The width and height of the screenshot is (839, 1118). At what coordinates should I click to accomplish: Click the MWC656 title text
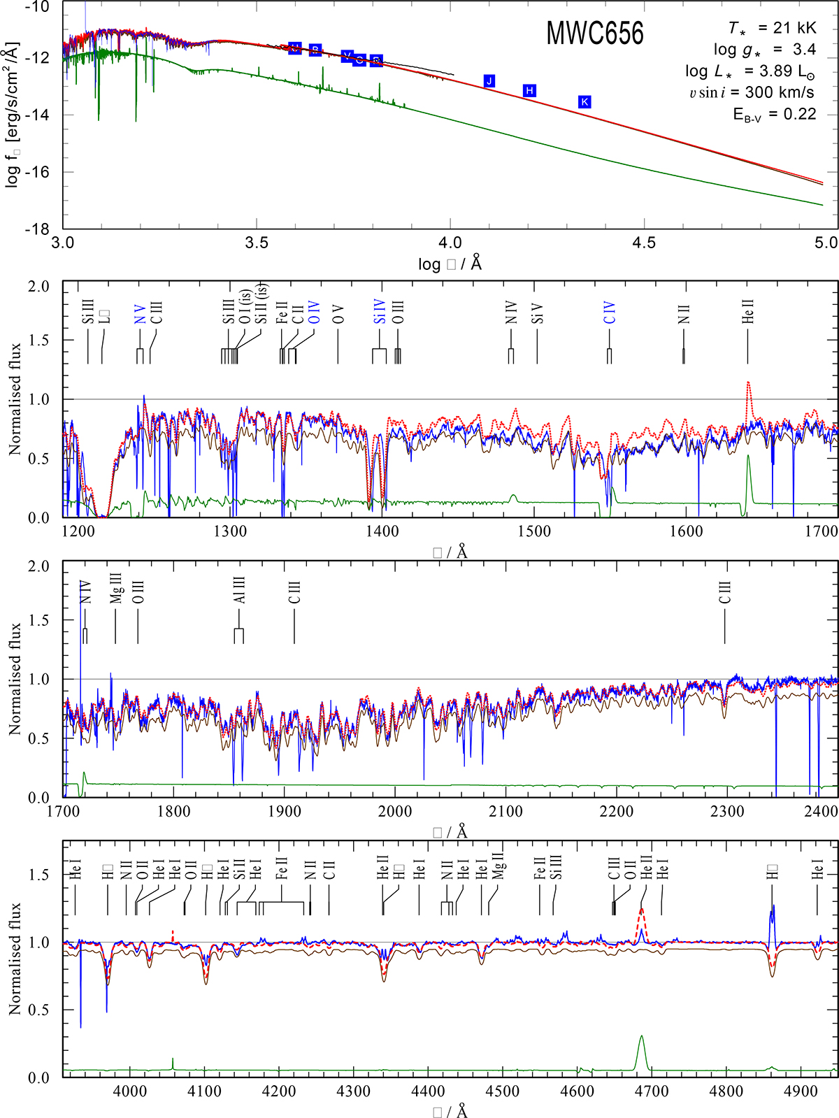(594, 34)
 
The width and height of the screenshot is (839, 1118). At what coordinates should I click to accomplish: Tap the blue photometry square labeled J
(489, 81)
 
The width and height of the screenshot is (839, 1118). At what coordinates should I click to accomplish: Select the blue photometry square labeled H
(529, 91)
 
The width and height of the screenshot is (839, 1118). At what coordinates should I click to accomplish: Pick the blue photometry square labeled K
(585, 102)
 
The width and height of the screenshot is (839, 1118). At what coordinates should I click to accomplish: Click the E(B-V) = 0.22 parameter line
(775, 114)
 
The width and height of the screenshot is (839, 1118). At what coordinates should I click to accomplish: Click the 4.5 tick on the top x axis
(644, 243)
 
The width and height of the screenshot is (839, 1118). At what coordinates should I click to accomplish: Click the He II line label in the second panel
(748, 311)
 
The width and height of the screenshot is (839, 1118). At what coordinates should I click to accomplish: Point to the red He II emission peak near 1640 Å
(748, 383)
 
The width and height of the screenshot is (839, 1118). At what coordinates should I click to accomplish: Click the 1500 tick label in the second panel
(534, 531)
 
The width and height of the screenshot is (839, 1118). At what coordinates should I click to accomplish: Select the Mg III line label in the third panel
(117, 589)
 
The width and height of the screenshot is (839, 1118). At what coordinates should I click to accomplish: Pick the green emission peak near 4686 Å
(641, 1038)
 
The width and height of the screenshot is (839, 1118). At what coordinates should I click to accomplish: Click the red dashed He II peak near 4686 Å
(641, 910)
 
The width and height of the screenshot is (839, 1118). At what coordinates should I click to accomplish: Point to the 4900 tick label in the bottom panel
(801, 1091)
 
